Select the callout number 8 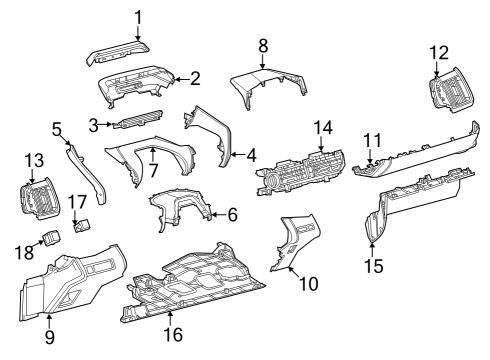(263, 45)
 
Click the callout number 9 (49, 337)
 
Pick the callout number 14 (320, 127)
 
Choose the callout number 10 (309, 284)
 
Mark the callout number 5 (57, 128)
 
